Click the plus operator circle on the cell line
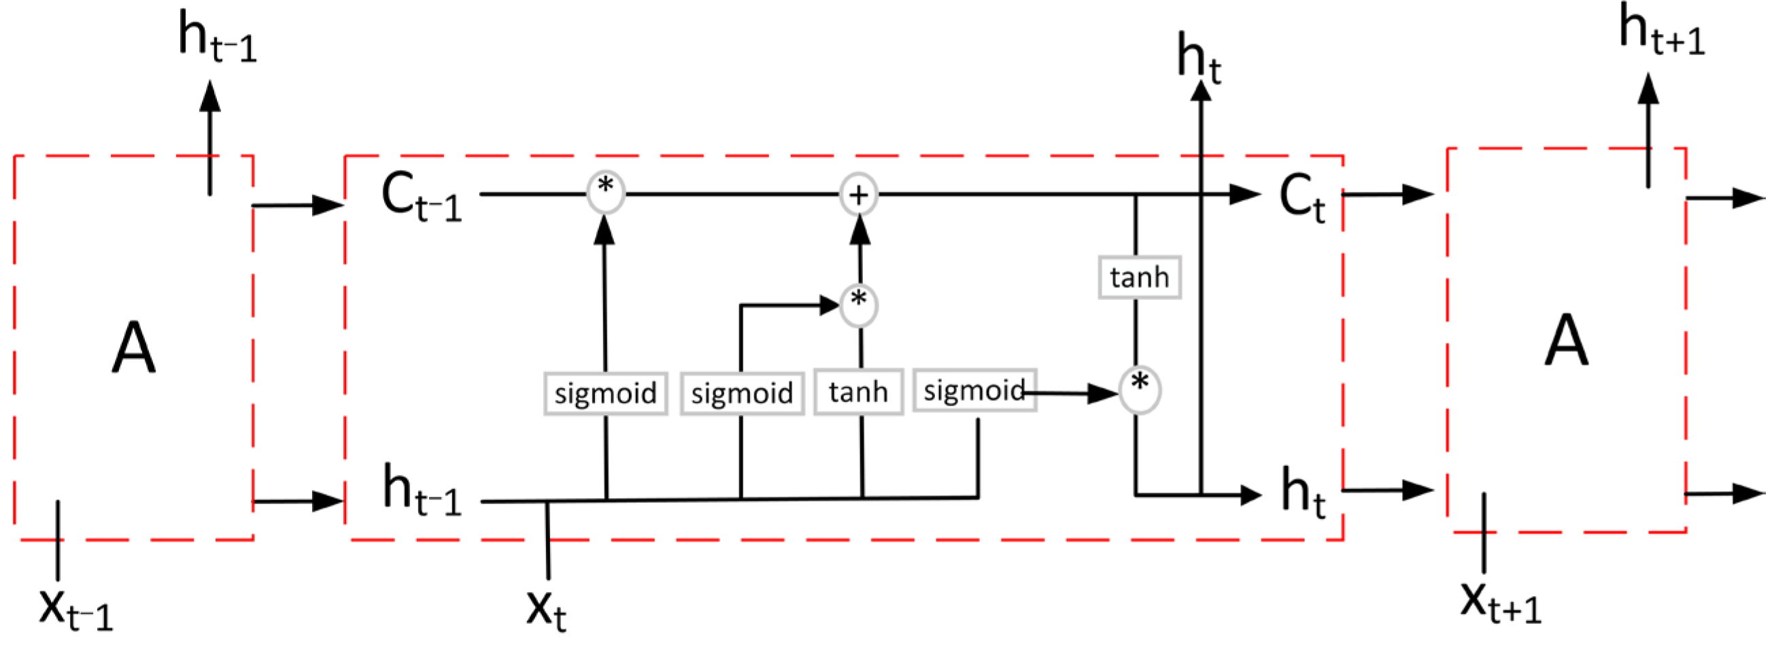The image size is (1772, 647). [x=859, y=195]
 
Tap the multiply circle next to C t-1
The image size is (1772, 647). [x=605, y=193]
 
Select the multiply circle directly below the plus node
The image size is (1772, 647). [x=859, y=305]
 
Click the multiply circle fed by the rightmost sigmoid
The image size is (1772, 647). [x=1140, y=390]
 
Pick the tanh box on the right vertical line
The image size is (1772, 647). [x=1139, y=278]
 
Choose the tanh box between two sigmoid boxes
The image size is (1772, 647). [x=859, y=392]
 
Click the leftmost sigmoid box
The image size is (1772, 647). [x=605, y=393]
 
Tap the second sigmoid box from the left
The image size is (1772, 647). [x=743, y=393]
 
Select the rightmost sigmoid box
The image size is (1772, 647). [x=974, y=391]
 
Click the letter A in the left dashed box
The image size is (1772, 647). [x=133, y=348]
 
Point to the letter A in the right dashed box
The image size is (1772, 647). [x=1567, y=340]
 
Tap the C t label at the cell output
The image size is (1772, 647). [x=1301, y=198]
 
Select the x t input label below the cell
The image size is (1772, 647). [x=547, y=609]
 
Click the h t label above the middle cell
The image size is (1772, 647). [x=1198, y=59]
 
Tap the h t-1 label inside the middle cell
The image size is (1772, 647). [x=421, y=490]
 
